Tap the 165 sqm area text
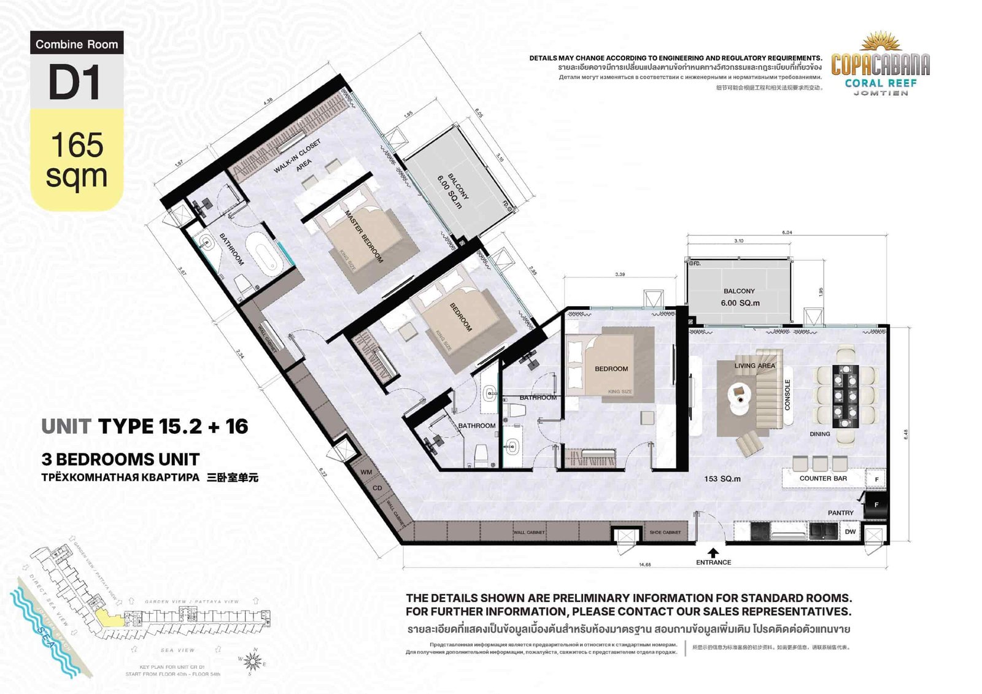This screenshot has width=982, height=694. coord(77,160)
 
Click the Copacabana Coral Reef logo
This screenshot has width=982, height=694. coord(880,65)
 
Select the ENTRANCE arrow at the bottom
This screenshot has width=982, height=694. coord(713,552)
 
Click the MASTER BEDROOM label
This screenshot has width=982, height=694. coord(364,237)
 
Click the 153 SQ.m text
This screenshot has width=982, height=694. coord(722,479)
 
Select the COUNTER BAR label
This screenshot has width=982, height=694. coord(822,478)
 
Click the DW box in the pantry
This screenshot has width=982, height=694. coord(850,531)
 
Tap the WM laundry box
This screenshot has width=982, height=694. coord(366,472)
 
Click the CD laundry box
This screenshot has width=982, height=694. coord(377,488)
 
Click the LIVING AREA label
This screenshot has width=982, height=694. coord(754,366)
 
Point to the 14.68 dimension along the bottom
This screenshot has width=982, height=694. coord(644,565)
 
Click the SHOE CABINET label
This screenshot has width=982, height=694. coord(665,532)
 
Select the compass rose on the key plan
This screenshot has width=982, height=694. coord(252,661)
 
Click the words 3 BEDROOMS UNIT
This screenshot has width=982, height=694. coord(120,459)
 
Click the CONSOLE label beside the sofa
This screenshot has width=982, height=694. coord(787,395)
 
